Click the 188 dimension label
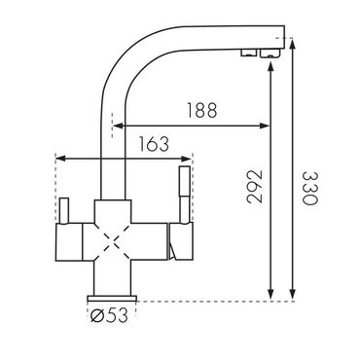pyautogui.click(x=201, y=110)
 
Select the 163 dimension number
pyautogui.click(x=154, y=144)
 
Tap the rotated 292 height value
pyautogui.click(x=254, y=186)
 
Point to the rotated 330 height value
pyautogui.click(x=309, y=188)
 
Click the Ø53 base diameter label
pyautogui.click(x=109, y=315)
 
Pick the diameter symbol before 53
pyautogui.click(x=97, y=315)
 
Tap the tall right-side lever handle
pyautogui.click(x=185, y=195)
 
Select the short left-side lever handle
pyautogui.click(x=63, y=210)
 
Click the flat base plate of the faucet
pyautogui.click(x=112, y=299)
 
